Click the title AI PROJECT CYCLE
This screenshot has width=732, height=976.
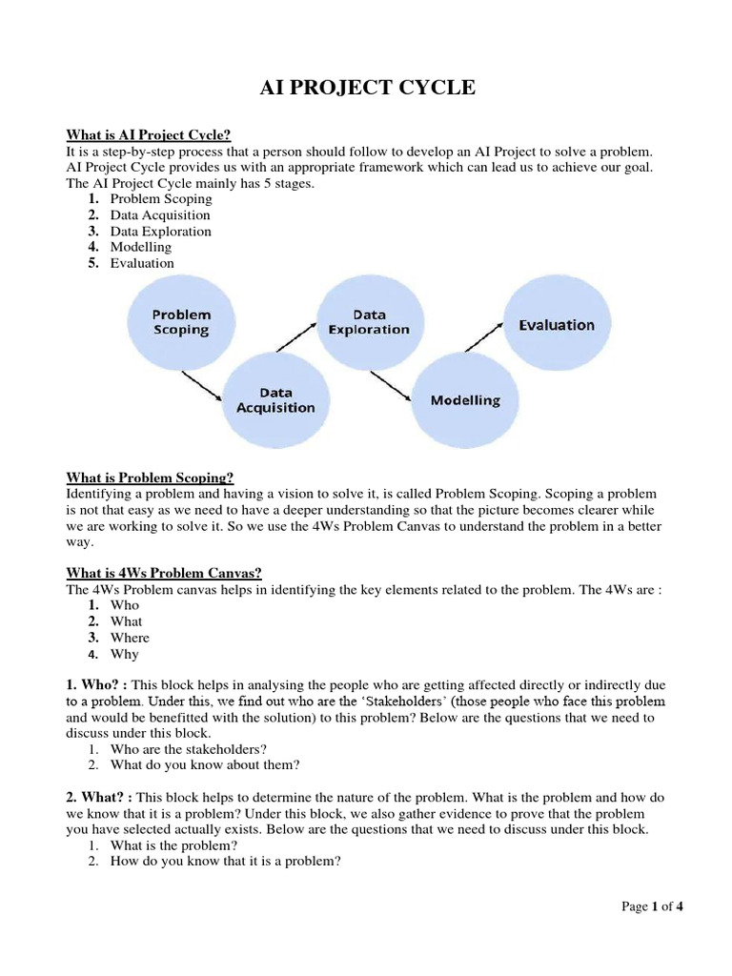[367, 89]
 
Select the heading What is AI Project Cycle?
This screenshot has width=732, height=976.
[149, 135]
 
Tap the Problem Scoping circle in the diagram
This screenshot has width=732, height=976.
[181, 322]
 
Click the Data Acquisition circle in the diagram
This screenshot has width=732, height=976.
[275, 399]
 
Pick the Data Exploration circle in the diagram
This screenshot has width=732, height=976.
[368, 322]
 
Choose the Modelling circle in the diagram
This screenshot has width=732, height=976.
[465, 400]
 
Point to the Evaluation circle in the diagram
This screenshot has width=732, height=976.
[557, 325]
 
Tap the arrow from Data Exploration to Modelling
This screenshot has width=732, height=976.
[391, 384]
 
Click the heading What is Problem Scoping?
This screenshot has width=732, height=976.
[150, 478]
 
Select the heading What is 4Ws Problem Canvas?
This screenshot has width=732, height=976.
[163, 573]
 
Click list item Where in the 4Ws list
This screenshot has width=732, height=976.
[130, 638]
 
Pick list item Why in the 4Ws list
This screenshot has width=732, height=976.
[125, 654]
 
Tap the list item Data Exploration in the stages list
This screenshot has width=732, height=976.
[160, 231]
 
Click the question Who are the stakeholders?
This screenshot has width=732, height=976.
[189, 749]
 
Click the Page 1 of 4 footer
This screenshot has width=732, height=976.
[652, 906]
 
